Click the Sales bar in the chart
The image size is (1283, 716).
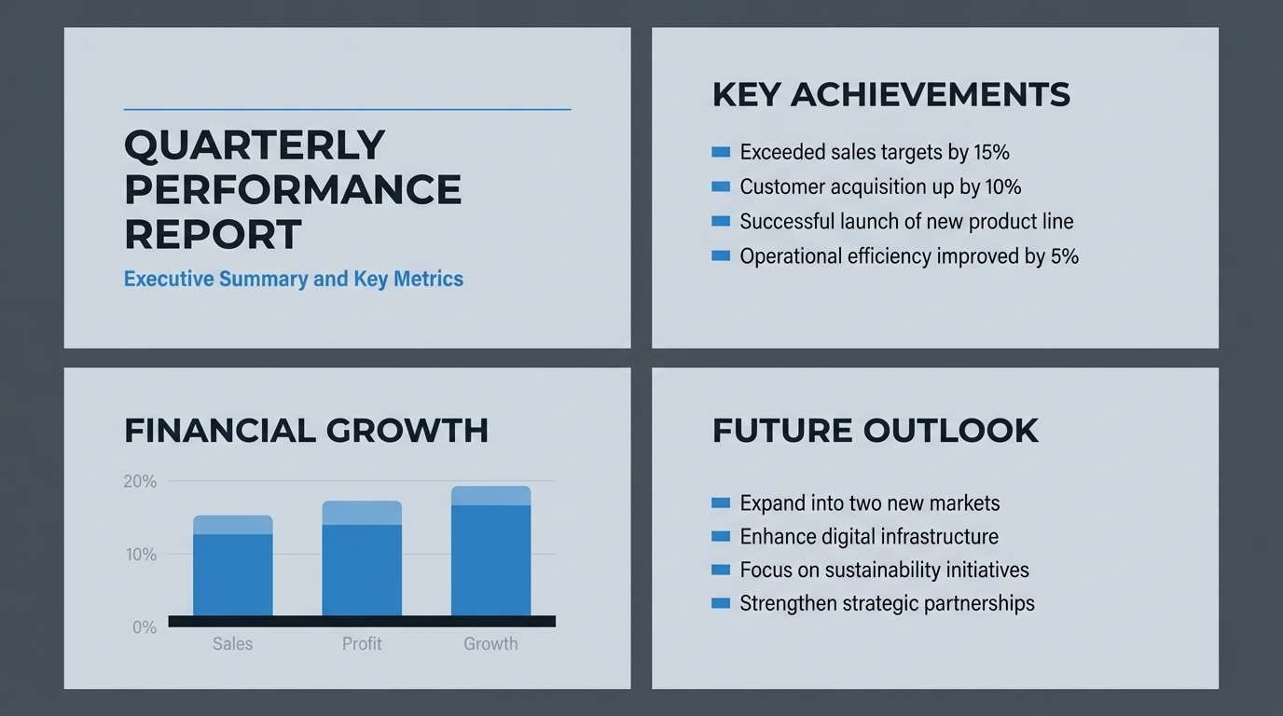[232, 566]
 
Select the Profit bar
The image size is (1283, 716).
[362, 558]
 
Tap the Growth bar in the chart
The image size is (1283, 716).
[490, 551]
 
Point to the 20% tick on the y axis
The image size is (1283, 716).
[140, 481]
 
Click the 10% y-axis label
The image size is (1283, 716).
[141, 555]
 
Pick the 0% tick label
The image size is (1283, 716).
[145, 627]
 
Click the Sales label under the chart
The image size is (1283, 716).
[232, 643]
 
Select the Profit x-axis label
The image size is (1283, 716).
[362, 643]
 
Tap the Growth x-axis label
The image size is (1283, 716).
[490, 643]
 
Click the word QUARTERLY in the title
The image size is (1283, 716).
[255, 145]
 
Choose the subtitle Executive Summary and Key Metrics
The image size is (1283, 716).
[294, 279]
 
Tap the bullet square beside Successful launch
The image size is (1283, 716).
[721, 221]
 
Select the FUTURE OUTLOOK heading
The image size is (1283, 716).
[876, 431]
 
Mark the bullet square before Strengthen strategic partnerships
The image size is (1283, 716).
[721, 603]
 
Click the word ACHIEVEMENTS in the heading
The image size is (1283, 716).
[931, 94]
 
